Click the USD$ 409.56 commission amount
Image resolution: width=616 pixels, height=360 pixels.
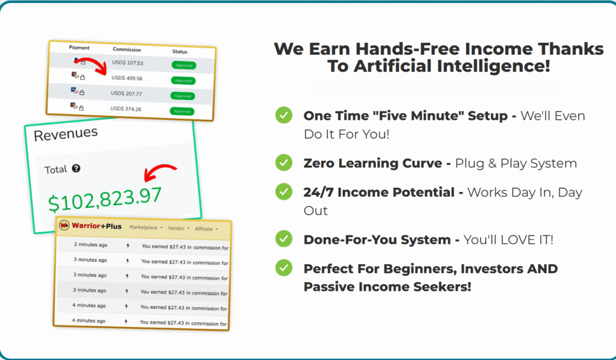coord(127,78)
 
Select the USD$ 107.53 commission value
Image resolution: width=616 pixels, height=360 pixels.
coord(128,63)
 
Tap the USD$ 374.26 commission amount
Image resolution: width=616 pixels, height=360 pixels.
coord(126,109)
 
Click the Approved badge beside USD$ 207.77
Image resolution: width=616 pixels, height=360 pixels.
coord(183,96)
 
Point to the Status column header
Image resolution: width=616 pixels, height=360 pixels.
coord(179,52)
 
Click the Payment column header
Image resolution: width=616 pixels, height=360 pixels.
coord(79,48)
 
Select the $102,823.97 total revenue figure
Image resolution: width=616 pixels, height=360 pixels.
coord(105,199)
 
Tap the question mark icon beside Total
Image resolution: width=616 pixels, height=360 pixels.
coord(76,168)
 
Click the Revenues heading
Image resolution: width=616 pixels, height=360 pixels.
coord(66,134)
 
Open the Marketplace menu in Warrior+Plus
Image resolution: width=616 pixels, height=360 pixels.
coord(146,228)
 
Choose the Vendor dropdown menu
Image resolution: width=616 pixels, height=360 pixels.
coord(179,228)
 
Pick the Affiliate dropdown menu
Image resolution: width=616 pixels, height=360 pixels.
coord(206,229)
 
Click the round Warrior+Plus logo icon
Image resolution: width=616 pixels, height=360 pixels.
coord(64,225)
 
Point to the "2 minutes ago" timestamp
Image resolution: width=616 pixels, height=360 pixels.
coord(91,244)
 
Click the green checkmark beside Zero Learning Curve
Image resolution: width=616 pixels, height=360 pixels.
coord(284,163)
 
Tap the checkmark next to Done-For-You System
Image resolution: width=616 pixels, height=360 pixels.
coord(284,238)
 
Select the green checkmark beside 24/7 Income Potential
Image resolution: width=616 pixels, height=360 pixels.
coord(284,191)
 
